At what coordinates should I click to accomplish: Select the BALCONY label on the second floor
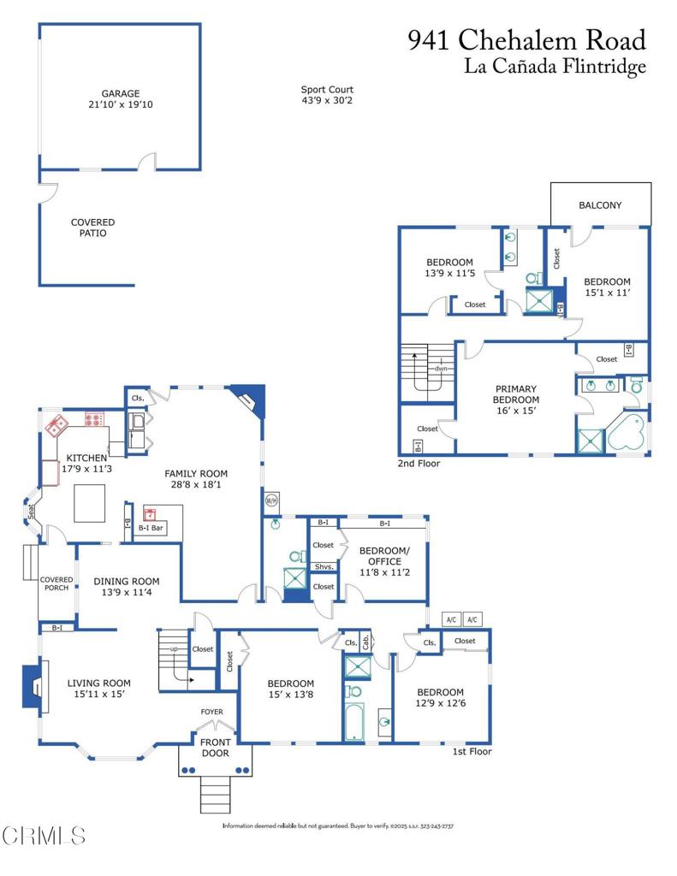(600, 205)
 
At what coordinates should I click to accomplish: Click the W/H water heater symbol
(272, 500)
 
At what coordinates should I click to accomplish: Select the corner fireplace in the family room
(251, 398)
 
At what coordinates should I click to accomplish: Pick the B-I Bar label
(151, 529)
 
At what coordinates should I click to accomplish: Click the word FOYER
(211, 711)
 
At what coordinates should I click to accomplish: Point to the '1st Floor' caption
(472, 752)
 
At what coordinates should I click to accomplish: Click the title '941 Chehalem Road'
(526, 40)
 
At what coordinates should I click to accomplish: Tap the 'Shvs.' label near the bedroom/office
(323, 566)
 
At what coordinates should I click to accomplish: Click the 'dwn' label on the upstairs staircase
(441, 369)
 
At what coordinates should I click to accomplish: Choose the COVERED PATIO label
(92, 228)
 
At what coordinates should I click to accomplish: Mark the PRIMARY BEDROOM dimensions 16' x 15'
(516, 411)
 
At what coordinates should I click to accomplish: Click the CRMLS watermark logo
(43, 834)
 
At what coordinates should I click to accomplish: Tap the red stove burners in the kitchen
(93, 419)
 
